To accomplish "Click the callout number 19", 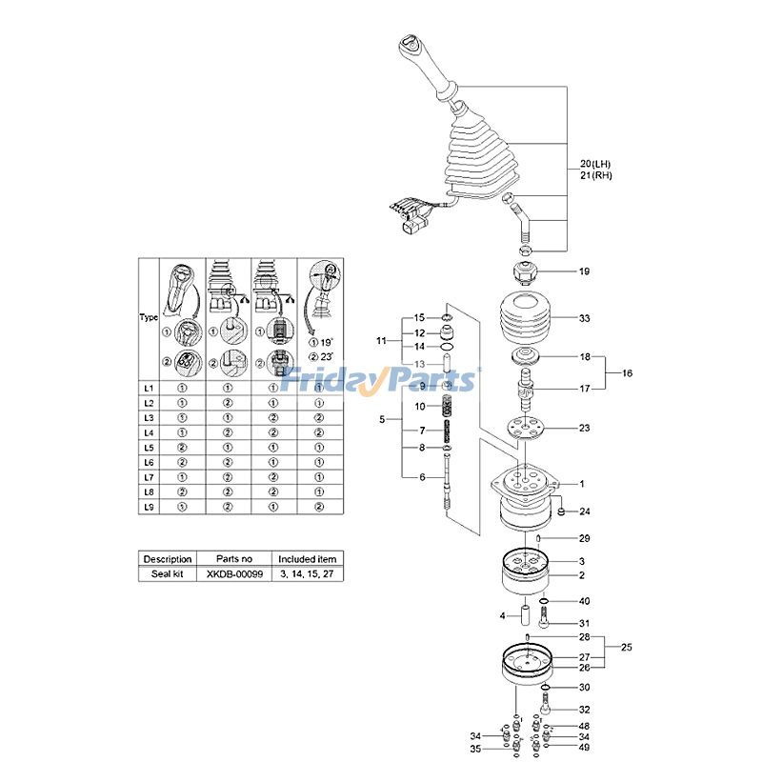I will pyautogui.click(x=584, y=271).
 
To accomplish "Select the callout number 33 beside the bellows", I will pyautogui.click(x=584, y=317).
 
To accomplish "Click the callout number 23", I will pyautogui.click(x=584, y=428).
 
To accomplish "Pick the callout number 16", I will pyautogui.click(x=627, y=373).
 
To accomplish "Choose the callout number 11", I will pyautogui.click(x=382, y=340).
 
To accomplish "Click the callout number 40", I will pyautogui.click(x=584, y=601).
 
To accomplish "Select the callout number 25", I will pyautogui.click(x=627, y=647).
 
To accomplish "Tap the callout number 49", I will pyautogui.click(x=584, y=748).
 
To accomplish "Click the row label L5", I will pyautogui.click(x=149, y=447).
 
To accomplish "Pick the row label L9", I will pyautogui.click(x=149, y=508).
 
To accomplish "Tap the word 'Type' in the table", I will pyautogui.click(x=149, y=317).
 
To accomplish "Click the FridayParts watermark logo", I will pyautogui.click(x=380, y=381).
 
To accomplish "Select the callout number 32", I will pyautogui.click(x=584, y=710).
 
